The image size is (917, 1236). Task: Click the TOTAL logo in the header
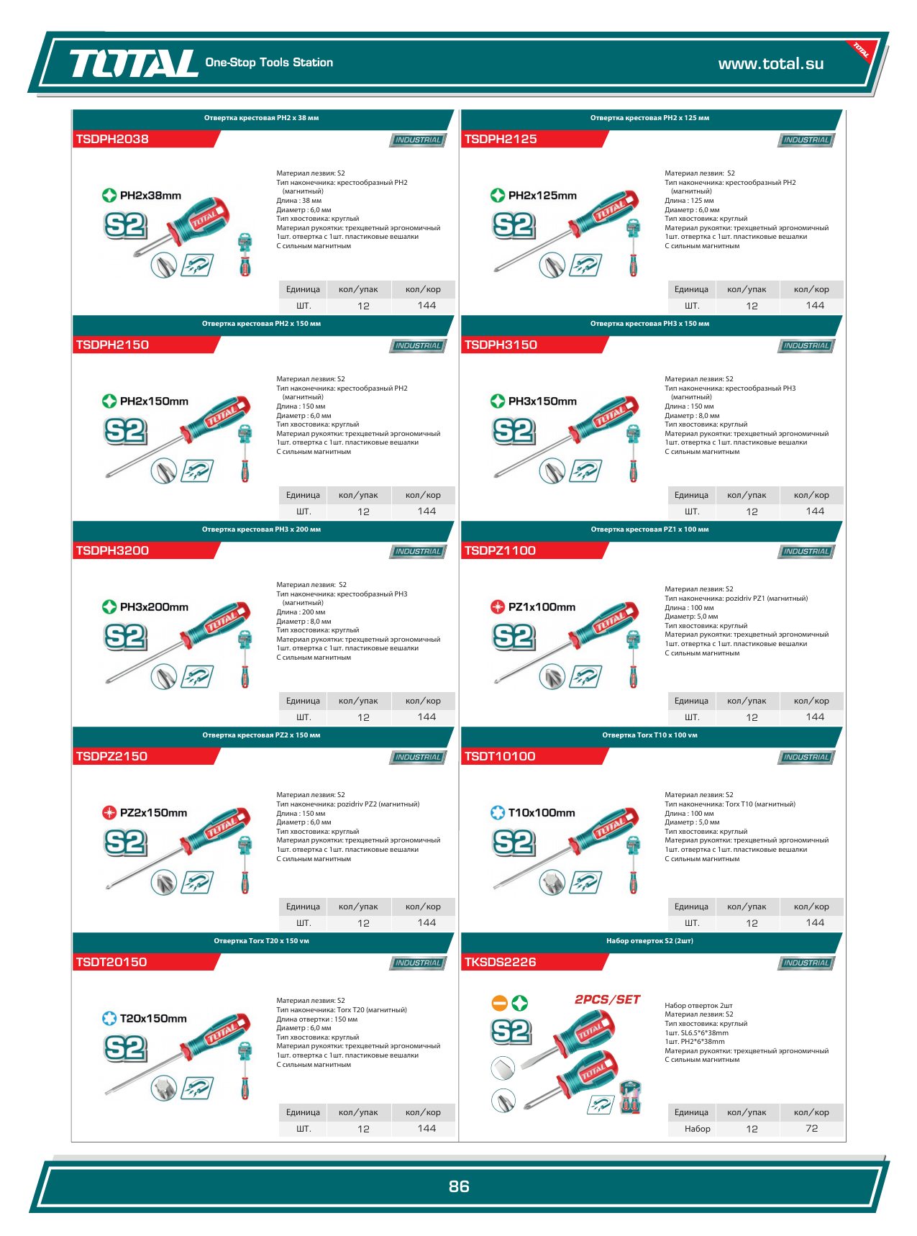click(x=133, y=63)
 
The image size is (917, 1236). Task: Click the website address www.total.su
click(x=771, y=63)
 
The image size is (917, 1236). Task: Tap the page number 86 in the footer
click(x=459, y=1186)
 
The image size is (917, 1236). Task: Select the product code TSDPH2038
click(x=112, y=139)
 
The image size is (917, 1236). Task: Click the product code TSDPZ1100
click(x=500, y=550)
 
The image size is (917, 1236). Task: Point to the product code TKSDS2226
click(x=500, y=962)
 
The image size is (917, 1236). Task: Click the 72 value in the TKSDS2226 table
click(x=812, y=1129)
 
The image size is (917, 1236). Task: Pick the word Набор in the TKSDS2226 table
click(x=698, y=1129)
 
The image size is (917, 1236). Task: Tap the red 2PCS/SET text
click(x=607, y=999)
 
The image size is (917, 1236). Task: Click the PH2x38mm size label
click(x=150, y=195)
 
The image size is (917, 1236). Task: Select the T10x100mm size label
click(x=542, y=812)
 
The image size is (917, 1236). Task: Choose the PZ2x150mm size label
click(x=153, y=812)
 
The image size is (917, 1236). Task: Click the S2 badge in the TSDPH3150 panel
click(x=514, y=431)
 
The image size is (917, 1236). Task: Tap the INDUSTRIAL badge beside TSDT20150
click(x=418, y=963)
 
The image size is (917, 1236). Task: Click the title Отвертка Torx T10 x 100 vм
click(x=649, y=735)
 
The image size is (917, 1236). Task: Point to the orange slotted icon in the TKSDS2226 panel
click(x=499, y=1002)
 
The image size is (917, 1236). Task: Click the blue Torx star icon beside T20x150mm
click(x=109, y=1018)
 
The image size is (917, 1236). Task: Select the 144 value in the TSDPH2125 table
click(x=815, y=305)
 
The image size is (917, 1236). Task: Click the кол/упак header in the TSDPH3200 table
click(x=358, y=701)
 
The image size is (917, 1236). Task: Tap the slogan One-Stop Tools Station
click(x=269, y=63)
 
